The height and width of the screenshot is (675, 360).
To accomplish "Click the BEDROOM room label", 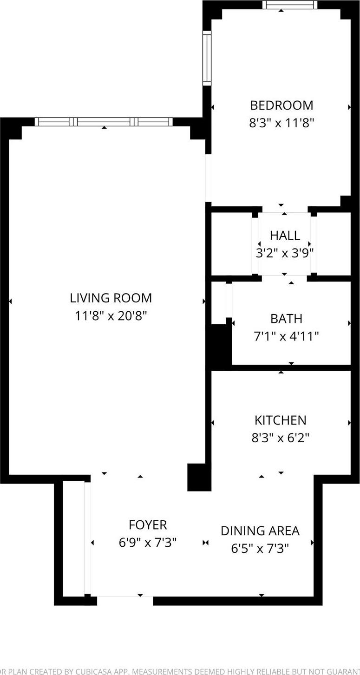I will click(x=281, y=105).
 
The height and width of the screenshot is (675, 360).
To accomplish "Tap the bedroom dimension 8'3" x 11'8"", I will click(x=281, y=123).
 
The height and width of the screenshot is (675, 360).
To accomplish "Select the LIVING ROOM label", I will click(x=111, y=298).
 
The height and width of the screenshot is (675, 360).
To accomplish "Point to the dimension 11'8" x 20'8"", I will click(x=111, y=316).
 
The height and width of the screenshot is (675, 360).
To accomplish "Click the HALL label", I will click(x=285, y=236).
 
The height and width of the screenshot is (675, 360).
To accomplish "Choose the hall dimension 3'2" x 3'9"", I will click(x=285, y=253).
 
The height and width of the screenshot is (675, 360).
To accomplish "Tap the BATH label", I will click(x=286, y=319).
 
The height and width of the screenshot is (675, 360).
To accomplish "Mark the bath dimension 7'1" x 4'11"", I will click(x=286, y=336).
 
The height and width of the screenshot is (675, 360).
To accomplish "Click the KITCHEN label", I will click(x=280, y=420).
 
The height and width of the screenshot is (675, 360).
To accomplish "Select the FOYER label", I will click(x=148, y=525).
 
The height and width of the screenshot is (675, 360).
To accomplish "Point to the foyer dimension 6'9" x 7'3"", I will click(x=148, y=543).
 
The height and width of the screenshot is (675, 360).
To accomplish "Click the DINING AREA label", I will click(x=260, y=531).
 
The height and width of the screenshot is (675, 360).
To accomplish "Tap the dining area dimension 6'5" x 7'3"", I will click(x=260, y=549).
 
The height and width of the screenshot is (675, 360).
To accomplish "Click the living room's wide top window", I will click(x=104, y=122).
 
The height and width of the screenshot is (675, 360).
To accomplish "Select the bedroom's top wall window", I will click(x=289, y=5).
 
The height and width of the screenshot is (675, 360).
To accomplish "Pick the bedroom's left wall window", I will click(x=207, y=58).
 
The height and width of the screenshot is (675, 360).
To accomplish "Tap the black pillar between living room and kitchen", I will click(x=196, y=477).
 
